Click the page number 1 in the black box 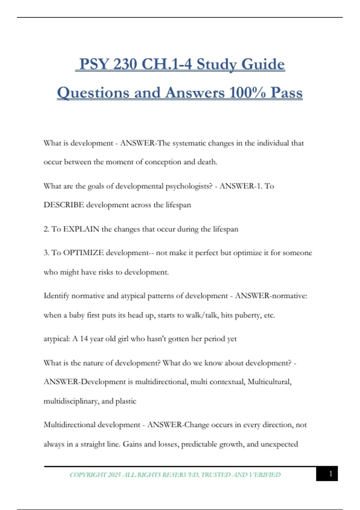coord(331,474)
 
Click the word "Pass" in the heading coord(286,92)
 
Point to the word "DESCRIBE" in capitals coord(64,205)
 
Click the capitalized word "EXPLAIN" coord(81,229)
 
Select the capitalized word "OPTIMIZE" coord(83,253)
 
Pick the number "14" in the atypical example coord(84,339)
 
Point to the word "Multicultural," coord(269,382)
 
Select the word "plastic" coord(126,401)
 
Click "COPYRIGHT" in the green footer coord(88,475)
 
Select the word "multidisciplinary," coord(71,401)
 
